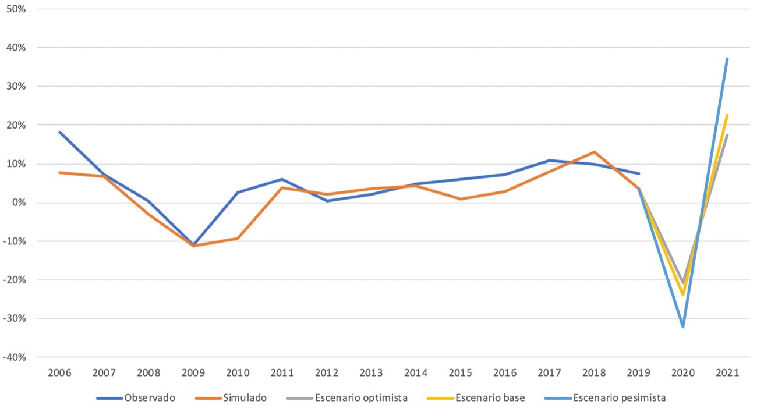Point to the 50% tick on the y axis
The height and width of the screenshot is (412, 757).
click(19, 9)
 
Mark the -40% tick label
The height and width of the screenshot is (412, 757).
click(17, 357)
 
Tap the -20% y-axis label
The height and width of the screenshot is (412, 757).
click(17, 280)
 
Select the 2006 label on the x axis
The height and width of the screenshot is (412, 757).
click(59, 373)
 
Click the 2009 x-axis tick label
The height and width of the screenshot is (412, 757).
click(193, 373)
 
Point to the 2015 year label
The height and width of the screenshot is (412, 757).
click(461, 373)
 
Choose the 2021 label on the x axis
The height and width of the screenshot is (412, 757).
click(727, 373)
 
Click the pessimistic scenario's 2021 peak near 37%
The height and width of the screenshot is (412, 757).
click(727, 59)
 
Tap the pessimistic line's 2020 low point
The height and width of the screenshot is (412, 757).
click(683, 326)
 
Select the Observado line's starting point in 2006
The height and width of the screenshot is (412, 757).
click(59, 132)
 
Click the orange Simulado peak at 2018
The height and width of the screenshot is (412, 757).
click(594, 152)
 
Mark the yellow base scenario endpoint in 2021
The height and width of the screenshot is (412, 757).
click(727, 115)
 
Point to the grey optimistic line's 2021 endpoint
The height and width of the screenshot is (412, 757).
click(727, 135)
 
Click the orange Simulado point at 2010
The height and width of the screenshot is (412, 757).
click(238, 238)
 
